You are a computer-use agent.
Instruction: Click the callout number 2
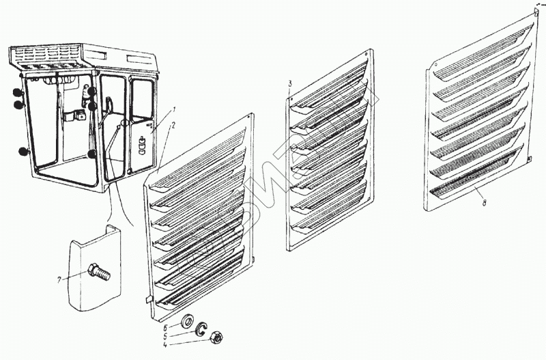pos(174,126)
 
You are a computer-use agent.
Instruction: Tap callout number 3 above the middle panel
pos(290,83)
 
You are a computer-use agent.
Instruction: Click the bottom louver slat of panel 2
pos(198,294)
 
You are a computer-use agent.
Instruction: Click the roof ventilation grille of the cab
pos(48,54)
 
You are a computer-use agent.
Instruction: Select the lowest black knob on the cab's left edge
pos(24,152)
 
